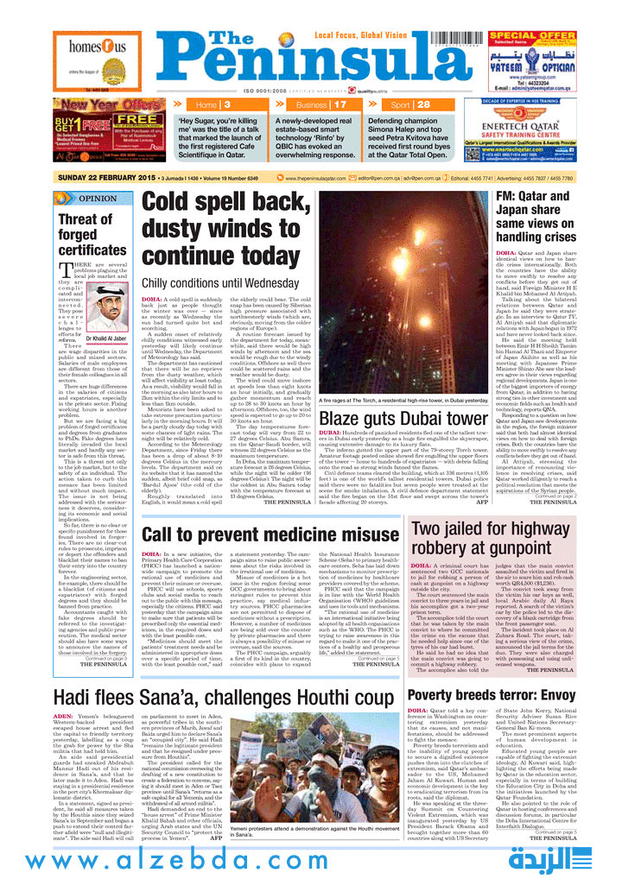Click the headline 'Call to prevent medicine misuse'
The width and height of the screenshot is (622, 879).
tap(270, 511)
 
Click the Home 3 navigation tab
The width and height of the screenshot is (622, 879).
tap(213, 104)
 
